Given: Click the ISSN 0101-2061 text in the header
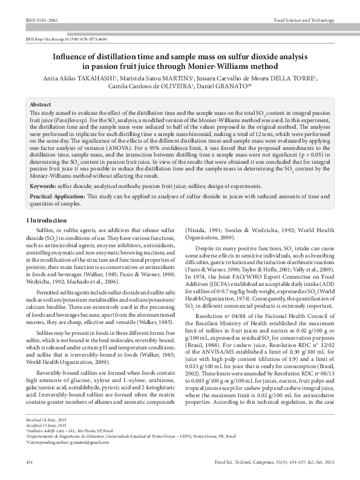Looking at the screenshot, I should (x=38, y=20).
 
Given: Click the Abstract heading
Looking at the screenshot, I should (x=41, y=105).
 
